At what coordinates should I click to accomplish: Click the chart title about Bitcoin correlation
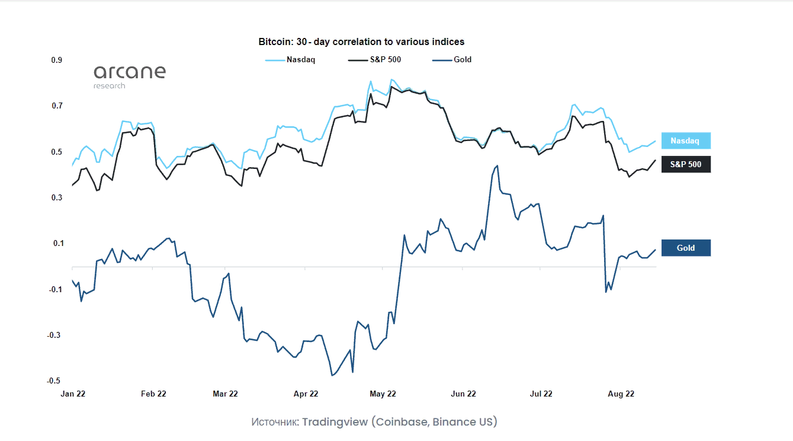tap(361, 42)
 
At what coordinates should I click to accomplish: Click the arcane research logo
tap(129, 76)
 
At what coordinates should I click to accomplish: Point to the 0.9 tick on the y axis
tap(57, 60)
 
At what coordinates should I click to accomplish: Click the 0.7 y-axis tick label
tap(57, 106)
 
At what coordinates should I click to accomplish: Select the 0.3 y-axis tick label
tap(57, 197)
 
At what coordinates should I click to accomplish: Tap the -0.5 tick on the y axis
tap(55, 381)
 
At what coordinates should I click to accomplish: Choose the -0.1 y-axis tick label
tap(55, 289)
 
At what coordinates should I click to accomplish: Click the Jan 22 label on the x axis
tap(73, 394)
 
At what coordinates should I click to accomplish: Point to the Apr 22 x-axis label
tap(306, 394)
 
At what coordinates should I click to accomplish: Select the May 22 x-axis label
tap(383, 394)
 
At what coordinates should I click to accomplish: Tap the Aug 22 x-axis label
tap(621, 394)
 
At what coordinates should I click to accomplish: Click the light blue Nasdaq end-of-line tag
tap(685, 141)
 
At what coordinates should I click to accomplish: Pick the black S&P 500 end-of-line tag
tap(685, 164)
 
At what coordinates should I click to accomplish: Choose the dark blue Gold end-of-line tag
tap(685, 248)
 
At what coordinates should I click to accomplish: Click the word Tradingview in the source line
tap(335, 422)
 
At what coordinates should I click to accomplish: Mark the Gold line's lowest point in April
tap(332, 375)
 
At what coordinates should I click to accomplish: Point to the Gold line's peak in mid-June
tap(497, 166)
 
